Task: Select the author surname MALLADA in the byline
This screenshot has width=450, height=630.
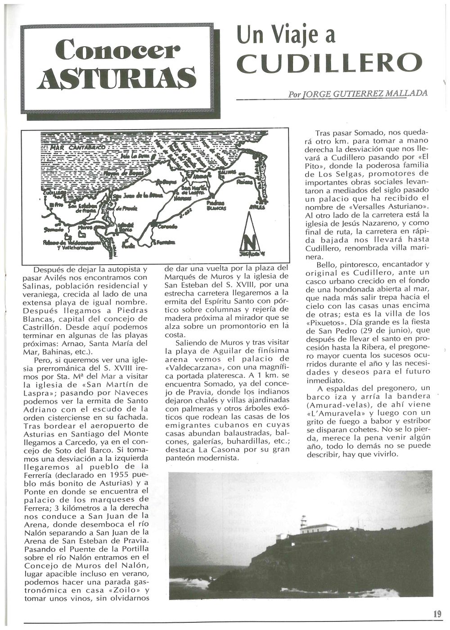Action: point(405,94)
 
